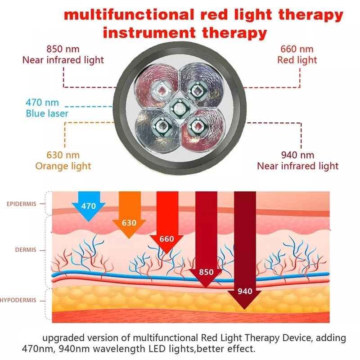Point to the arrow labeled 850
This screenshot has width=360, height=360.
(206, 252)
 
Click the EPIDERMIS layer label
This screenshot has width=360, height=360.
(23, 204)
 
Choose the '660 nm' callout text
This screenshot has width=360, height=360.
(297, 49)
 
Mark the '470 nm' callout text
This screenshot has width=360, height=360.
(42, 103)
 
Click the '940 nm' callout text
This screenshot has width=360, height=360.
(297, 155)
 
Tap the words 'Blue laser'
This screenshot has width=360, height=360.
(47, 113)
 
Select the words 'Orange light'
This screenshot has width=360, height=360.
(63, 166)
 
